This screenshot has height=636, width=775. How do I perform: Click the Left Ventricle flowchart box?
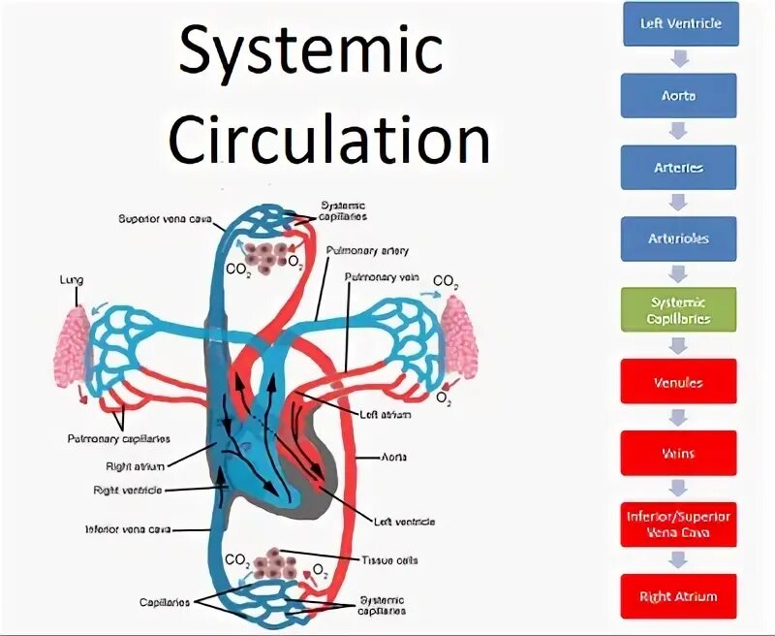pyautogui.click(x=680, y=24)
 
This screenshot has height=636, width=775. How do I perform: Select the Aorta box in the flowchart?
pyautogui.click(x=680, y=96)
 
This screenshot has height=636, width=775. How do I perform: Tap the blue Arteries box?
pyautogui.click(x=680, y=168)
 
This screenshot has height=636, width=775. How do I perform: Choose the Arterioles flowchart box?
pyautogui.click(x=680, y=238)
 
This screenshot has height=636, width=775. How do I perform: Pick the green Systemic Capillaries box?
pyautogui.click(x=680, y=310)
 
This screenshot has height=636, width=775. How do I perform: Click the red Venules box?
pyautogui.click(x=680, y=382)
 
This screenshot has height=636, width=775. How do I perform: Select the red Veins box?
pyautogui.click(x=680, y=453)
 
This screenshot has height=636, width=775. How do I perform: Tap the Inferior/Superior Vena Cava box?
pyautogui.click(x=680, y=525)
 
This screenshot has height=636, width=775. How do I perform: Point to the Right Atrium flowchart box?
pyautogui.click(x=680, y=596)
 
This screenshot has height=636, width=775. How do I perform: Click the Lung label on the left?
pyautogui.click(x=71, y=281)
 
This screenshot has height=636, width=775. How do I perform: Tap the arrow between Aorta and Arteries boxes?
pyautogui.click(x=680, y=132)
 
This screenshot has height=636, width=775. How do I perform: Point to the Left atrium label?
pyautogui.click(x=385, y=415)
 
